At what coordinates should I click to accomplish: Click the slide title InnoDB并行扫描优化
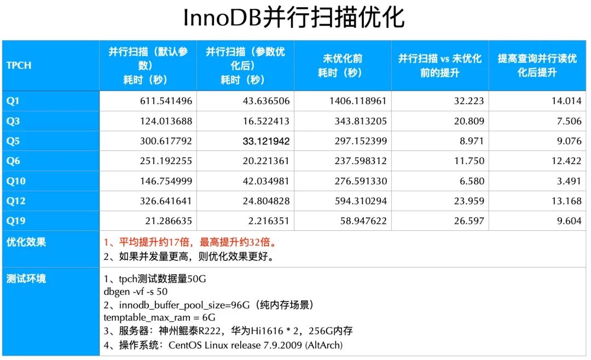click(294, 18)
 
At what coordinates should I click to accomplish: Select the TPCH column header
click(19, 65)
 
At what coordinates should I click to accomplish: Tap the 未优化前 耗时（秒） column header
click(343, 65)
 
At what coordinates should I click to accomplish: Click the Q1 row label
click(13, 101)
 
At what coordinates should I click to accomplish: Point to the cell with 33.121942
click(266, 141)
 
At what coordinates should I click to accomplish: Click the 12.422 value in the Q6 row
click(566, 161)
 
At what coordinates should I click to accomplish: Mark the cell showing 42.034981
click(266, 181)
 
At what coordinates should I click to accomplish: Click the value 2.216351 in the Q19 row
click(268, 221)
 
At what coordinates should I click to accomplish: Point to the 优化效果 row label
click(26, 242)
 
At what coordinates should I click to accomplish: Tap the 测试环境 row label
click(26, 278)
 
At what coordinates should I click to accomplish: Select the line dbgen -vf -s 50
click(135, 291)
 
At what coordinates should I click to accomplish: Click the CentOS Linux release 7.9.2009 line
click(223, 345)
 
